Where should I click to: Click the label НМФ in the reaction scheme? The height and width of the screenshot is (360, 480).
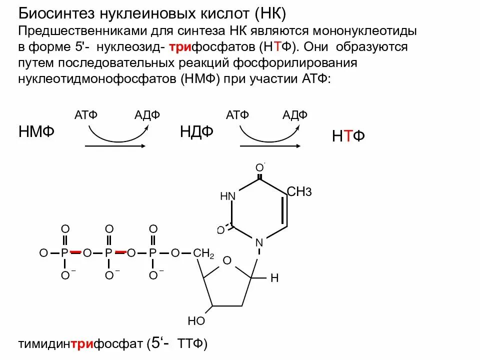36,132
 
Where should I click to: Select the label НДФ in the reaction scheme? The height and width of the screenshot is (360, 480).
196,132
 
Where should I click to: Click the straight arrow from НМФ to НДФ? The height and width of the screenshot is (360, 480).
115,146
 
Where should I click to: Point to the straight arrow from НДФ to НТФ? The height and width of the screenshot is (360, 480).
270,146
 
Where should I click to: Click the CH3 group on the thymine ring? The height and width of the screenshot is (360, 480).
299,191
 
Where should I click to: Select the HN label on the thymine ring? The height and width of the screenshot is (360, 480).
227,196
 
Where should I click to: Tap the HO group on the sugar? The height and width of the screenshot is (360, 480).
196,320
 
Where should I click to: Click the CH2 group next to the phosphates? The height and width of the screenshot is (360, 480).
203,253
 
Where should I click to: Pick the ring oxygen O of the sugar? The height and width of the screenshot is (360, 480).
227,260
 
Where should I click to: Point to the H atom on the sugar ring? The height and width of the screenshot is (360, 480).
274,278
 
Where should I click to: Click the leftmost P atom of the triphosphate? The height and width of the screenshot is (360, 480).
64,253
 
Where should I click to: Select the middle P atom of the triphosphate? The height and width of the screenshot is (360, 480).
108,253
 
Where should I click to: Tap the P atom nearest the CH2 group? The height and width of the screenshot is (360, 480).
152,253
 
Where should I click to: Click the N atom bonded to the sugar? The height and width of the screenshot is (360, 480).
259,243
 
